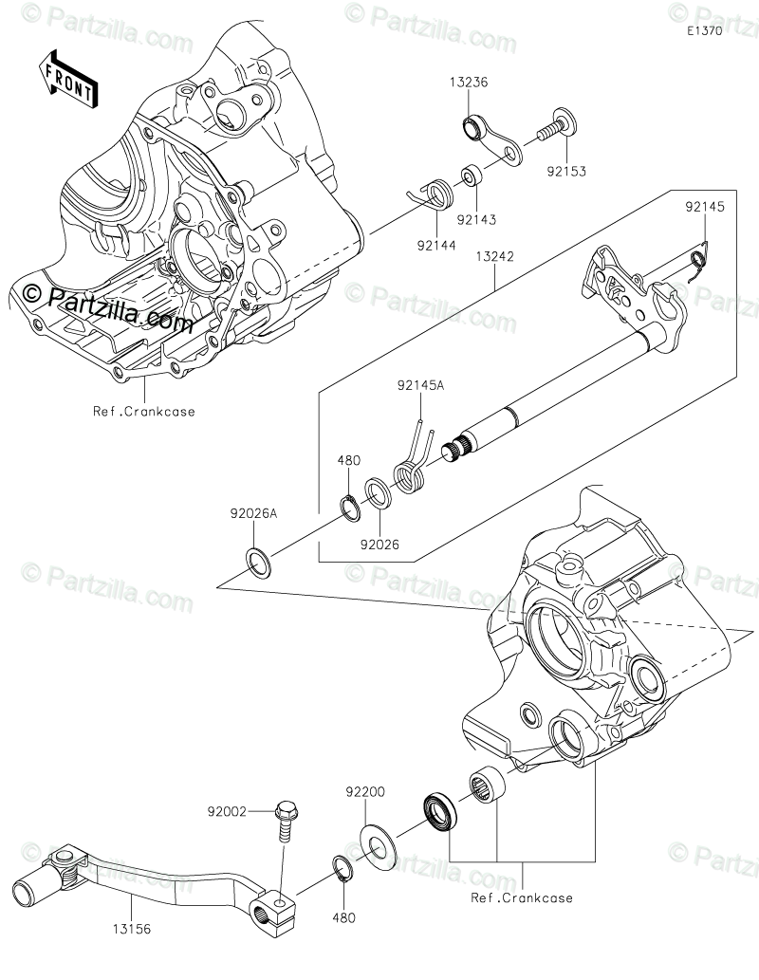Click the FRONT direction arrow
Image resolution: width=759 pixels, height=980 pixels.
click(x=66, y=78)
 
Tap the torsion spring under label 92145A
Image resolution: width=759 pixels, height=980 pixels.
click(x=409, y=469)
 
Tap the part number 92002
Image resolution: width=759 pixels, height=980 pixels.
click(x=228, y=812)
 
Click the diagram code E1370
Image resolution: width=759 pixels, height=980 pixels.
click(x=706, y=31)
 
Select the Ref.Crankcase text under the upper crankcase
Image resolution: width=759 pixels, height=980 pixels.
click(x=143, y=411)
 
